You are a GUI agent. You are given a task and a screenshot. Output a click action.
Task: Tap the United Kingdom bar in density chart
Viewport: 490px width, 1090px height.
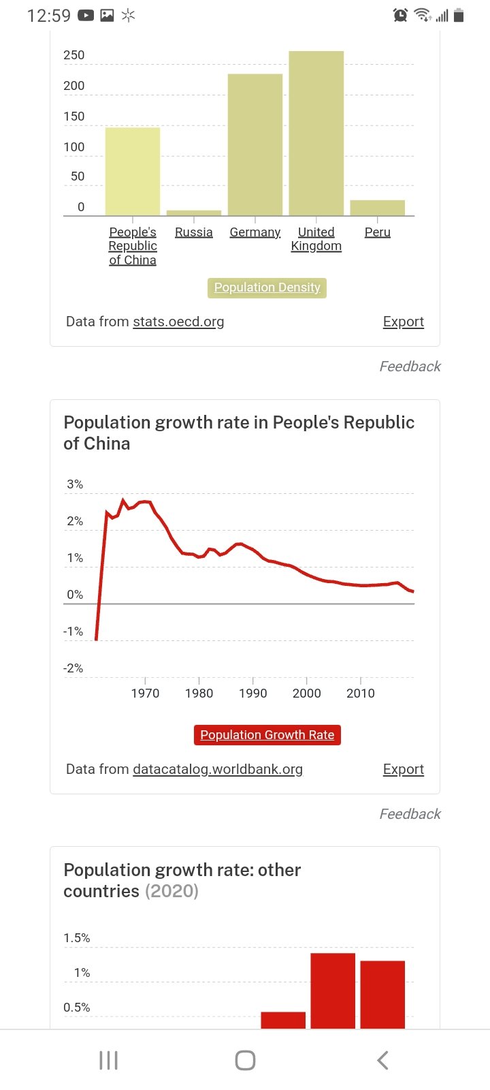316,134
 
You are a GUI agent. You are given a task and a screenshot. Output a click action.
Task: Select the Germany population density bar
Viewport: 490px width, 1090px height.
255,144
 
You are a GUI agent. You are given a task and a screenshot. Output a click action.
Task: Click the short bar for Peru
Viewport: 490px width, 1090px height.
377,208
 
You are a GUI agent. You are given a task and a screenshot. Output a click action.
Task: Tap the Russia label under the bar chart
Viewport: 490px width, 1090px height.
194,232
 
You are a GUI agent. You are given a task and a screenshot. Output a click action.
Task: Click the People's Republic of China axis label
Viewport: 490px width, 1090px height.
133,246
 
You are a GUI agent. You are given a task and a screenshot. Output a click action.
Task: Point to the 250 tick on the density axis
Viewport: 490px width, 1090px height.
74,55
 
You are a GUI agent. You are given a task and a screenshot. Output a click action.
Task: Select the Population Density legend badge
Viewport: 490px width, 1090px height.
267,287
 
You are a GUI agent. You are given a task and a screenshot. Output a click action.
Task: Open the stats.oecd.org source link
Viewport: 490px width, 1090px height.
178,322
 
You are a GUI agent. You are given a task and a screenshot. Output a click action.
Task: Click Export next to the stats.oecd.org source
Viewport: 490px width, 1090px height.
403,322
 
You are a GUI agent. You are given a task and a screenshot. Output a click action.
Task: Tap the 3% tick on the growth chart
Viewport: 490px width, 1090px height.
75,484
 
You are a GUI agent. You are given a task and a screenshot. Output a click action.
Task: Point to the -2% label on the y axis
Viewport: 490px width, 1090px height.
73,668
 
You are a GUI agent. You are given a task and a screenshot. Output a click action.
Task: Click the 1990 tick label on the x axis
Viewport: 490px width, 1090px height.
252,694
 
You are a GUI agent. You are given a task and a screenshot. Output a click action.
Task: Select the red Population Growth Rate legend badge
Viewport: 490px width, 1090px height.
267,735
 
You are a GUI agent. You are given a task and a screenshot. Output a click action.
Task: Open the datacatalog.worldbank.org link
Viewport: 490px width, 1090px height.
218,769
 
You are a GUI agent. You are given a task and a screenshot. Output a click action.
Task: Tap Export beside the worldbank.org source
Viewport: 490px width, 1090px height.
403,769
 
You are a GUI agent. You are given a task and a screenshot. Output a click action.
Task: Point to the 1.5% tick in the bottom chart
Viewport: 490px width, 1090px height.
77,938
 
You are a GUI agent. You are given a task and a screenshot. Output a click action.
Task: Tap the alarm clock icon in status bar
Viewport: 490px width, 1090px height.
400,15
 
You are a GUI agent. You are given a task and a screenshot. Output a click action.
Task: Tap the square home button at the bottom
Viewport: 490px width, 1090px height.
245,1060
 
